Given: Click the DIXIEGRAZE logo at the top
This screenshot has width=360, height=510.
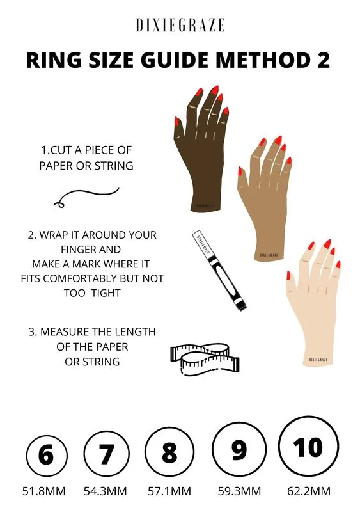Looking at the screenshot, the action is point(180,25).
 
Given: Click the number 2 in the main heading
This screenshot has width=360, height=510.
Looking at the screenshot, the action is point(322,60).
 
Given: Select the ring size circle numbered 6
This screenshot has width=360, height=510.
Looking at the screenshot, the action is point(47,456).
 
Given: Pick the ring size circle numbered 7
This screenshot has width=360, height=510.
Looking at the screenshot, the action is point(107,454).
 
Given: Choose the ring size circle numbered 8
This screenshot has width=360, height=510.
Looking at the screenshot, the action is point(169,452).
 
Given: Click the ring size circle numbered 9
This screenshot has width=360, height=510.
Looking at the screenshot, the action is point(239,449).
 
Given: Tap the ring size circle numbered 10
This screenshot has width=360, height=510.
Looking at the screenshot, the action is point(308,446).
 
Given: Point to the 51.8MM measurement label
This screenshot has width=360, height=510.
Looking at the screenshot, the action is point(44,491).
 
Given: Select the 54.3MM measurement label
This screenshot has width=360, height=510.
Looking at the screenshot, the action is point(106,491).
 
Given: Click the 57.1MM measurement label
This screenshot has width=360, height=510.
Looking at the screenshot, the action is point(169,491).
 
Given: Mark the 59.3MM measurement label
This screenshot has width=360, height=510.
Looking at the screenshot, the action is point(239,491).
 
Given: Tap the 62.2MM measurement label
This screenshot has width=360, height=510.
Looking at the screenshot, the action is point(309,491).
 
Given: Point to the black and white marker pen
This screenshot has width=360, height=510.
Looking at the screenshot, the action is point(219,270).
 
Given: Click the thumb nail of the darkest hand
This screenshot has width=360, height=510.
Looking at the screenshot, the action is point(176,122).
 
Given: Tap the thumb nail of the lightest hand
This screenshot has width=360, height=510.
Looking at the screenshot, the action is point(288,275).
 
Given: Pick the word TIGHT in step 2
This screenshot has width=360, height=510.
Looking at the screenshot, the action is point(106,292).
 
